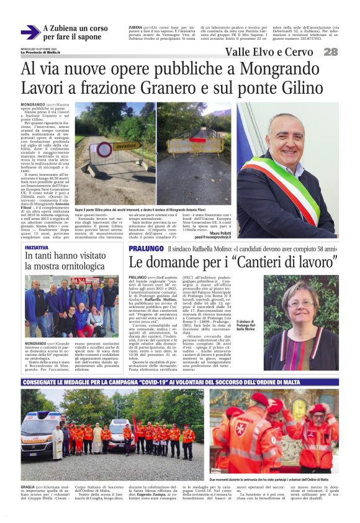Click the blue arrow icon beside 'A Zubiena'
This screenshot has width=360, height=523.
point(30,32)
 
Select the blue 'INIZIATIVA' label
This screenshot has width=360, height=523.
point(37,247)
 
